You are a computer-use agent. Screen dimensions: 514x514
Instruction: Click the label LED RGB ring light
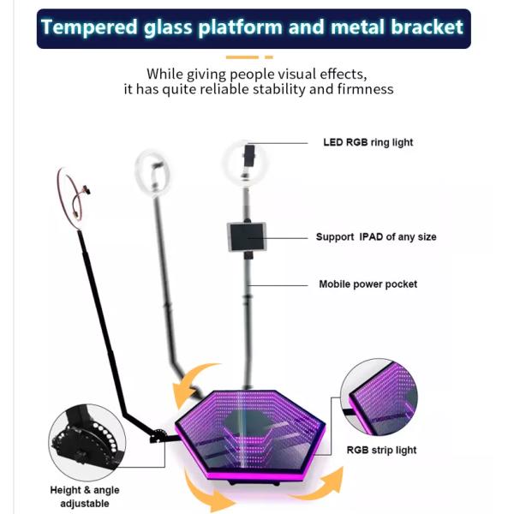pos(368,142)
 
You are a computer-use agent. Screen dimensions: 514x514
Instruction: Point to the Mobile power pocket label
pos(368,284)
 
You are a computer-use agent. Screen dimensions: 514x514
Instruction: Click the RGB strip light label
pos(380,449)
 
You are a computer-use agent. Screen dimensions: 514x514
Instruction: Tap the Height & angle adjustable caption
pos(85,497)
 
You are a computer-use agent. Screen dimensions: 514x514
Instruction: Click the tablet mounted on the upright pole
pos(247,236)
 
